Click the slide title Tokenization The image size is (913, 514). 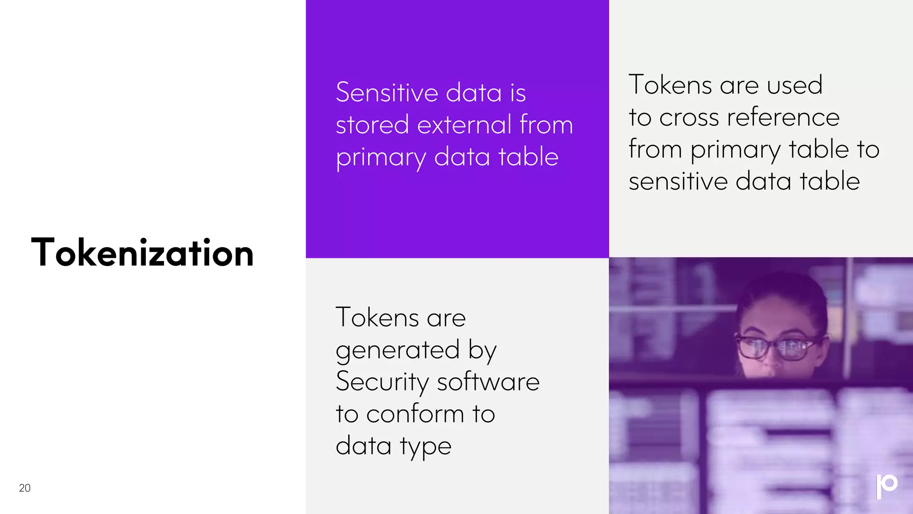[x=142, y=253]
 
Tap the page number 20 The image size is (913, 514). [x=25, y=488]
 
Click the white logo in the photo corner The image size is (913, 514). [x=886, y=486]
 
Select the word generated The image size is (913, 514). [x=398, y=351]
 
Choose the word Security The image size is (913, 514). [x=382, y=382]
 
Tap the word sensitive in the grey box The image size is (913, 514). [x=678, y=182]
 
